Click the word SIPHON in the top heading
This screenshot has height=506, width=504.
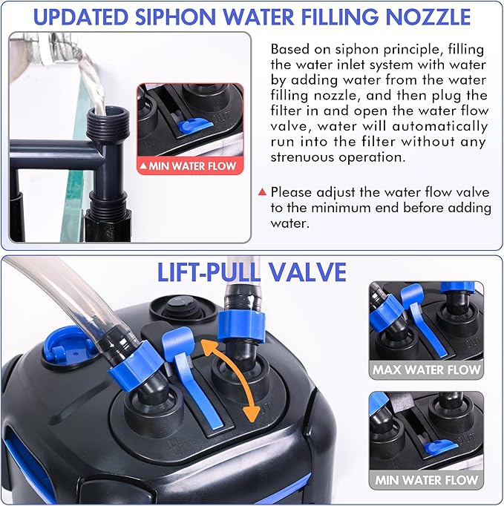coord(175,17)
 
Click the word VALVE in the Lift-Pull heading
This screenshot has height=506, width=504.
coord(308,272)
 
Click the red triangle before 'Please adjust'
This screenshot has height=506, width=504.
coord(262,192)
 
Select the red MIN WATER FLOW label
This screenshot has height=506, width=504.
coord(190,166)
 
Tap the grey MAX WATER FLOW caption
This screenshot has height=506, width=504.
coord(426,369)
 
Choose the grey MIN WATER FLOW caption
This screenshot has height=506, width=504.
coord(426,480)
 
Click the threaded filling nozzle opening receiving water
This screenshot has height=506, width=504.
coord(108,121)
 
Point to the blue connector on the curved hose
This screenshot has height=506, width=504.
coord(135,360)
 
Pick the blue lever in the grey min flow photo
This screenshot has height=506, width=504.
coord(440,447)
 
